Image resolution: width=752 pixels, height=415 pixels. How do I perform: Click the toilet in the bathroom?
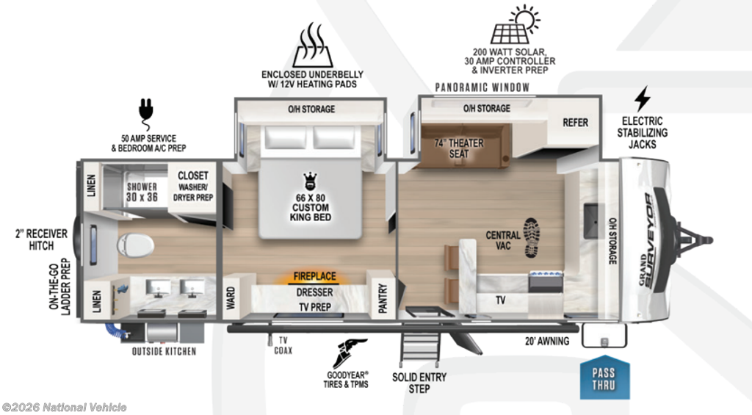pos(135,245)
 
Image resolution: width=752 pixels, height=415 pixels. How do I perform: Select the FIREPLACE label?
pos(314,276)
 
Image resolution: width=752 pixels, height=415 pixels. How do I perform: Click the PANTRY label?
pos(383,298)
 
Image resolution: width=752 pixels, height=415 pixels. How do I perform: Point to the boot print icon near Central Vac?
pos(532,237)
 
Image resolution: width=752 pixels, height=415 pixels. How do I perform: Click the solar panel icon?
pos(516,25)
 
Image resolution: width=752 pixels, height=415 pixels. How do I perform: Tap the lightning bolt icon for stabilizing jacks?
pos(642,98)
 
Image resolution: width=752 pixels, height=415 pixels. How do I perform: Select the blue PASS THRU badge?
pos(604,378)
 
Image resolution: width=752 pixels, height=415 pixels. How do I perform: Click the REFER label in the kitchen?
pos(576,123)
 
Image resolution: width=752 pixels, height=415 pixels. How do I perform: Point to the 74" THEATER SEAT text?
pos(458,148)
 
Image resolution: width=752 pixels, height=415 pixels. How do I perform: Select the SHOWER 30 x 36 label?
pos(142,192)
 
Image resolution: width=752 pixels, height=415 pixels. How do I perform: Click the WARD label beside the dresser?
pos(231,298)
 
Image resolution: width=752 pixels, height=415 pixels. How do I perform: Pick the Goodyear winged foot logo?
pos(351,354)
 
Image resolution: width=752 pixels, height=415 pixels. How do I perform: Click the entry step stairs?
pos(420,348)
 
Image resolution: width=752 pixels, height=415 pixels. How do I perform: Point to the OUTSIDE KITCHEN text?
pos(164,352)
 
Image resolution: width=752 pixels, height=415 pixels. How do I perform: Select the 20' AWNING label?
pos(547,341)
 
